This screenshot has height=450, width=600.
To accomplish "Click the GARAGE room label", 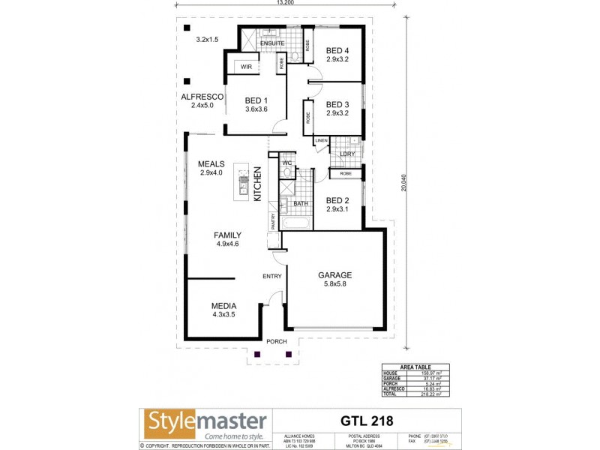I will (334, 275).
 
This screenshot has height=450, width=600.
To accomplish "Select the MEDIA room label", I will (223, 306).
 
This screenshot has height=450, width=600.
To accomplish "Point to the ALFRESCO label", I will (202, 97).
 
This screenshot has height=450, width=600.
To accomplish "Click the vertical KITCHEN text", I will (257, 184).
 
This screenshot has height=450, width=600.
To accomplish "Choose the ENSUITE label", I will (271, 43).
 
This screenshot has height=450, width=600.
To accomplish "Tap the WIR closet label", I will (246, 67).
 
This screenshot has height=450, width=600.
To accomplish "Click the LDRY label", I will (346, 154).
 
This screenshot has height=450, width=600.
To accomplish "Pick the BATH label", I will (301, 203).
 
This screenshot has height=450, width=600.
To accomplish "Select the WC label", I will (286, 163).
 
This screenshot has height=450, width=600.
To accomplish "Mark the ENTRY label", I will (271, 277).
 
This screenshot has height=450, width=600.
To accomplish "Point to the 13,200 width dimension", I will (284, 3).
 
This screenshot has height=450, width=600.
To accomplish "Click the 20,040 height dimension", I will (403, 184).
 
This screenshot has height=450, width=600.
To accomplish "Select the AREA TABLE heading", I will (416, 367).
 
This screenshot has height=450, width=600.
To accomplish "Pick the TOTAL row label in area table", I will (391, 393).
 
